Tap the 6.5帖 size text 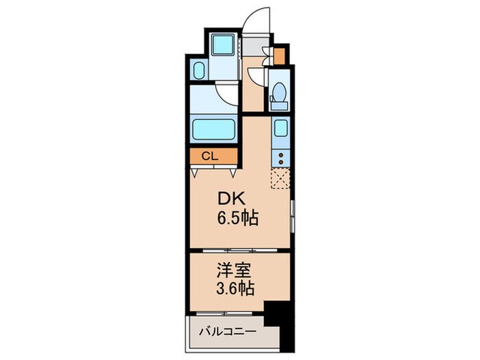237,219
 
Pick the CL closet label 209,156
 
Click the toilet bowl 279,92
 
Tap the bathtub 214,128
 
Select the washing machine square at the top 222,45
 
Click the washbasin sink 197,71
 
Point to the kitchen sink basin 280,128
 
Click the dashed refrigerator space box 280,178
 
